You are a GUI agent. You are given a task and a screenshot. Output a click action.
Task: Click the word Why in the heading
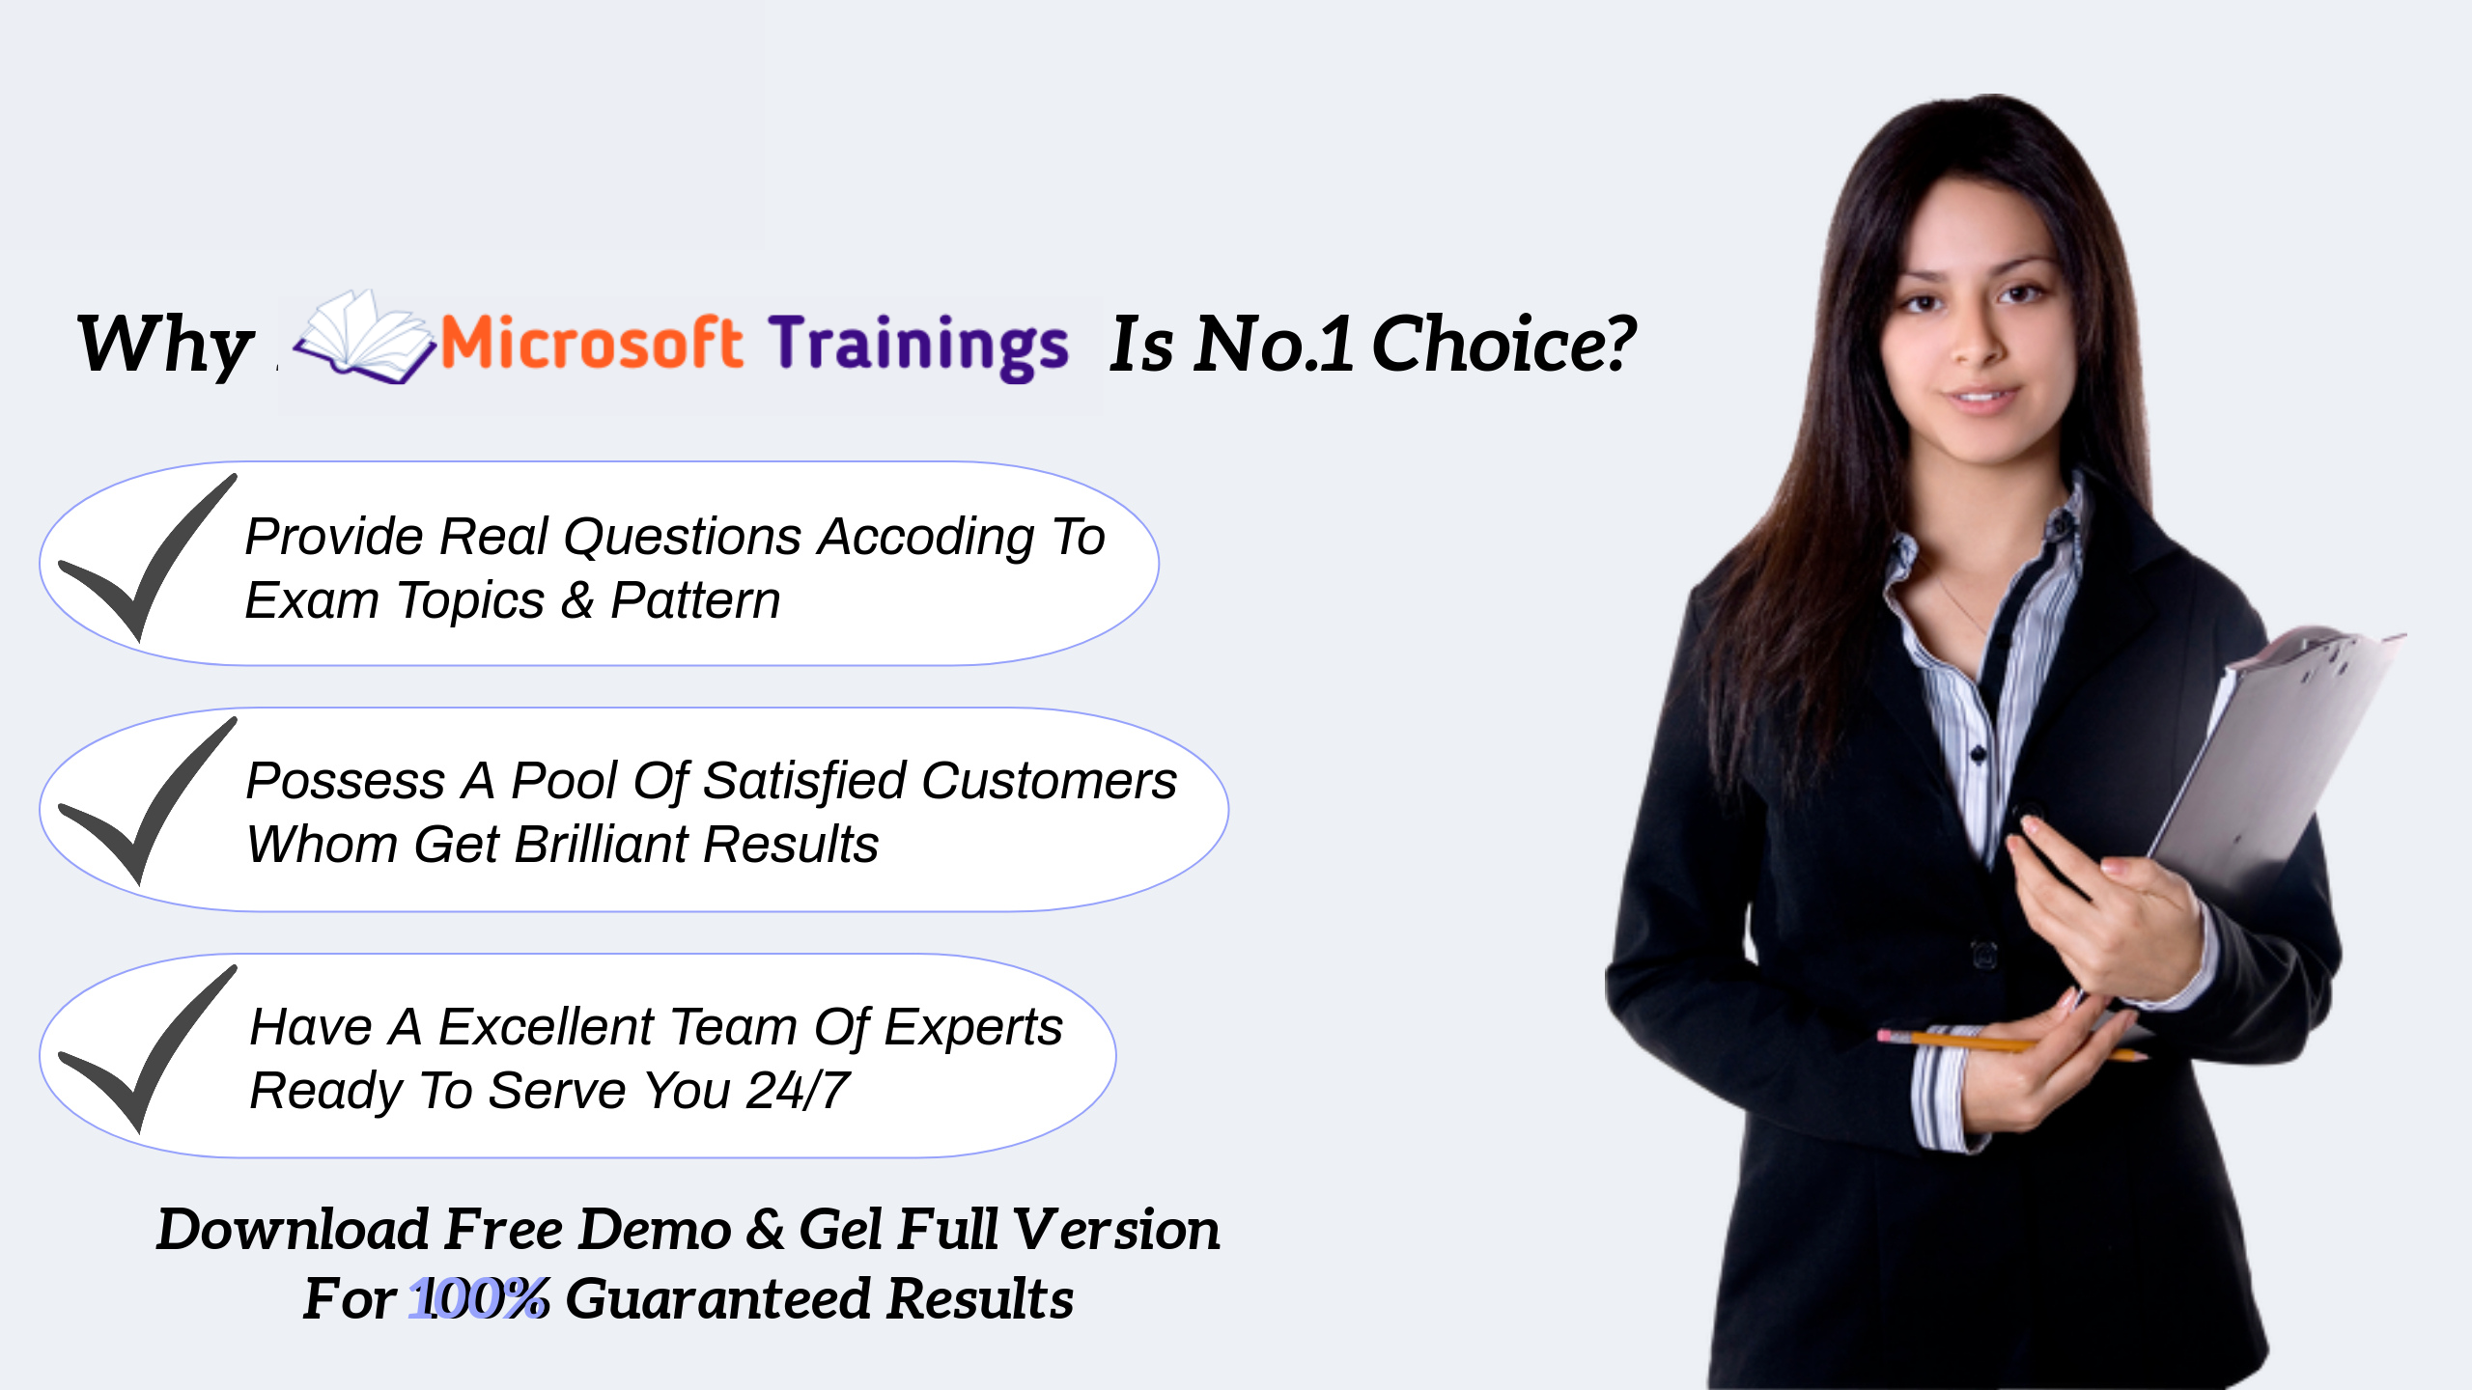165,345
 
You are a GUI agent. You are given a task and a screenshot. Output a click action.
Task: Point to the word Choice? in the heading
1503,344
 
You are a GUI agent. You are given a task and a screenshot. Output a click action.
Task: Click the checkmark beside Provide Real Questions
148,558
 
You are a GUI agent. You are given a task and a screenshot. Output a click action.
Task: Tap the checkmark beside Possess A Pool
148,801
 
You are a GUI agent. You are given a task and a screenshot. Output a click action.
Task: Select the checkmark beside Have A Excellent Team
148,1049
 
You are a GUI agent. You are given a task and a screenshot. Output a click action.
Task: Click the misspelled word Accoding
926,538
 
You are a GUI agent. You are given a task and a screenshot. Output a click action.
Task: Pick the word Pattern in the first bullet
695,600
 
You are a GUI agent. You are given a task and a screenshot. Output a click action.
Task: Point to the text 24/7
798,1091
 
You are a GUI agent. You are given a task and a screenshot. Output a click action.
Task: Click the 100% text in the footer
479,1298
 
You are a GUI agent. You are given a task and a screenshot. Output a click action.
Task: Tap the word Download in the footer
293,1230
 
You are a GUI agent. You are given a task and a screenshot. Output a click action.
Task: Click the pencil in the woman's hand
2012,1046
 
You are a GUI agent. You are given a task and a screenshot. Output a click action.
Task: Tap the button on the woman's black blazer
1984,956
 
